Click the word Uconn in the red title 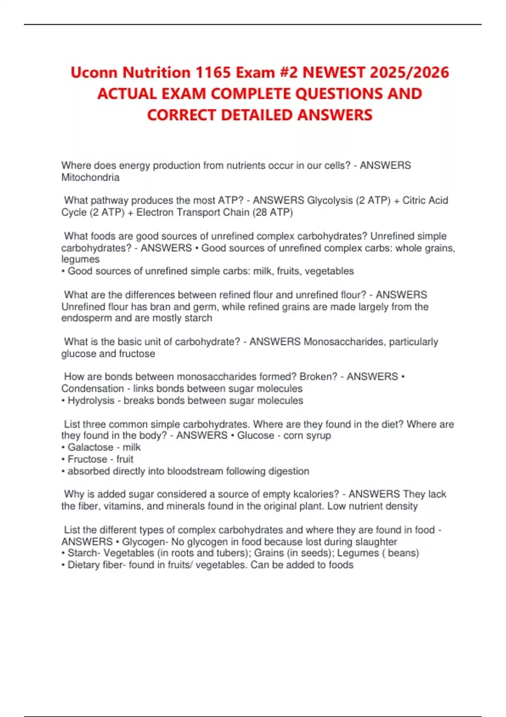point(94,73)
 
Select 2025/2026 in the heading point(409,73)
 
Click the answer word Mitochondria point(90,178)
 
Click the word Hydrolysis point(91,400)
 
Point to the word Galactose point(91,447)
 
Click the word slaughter point(377,542)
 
